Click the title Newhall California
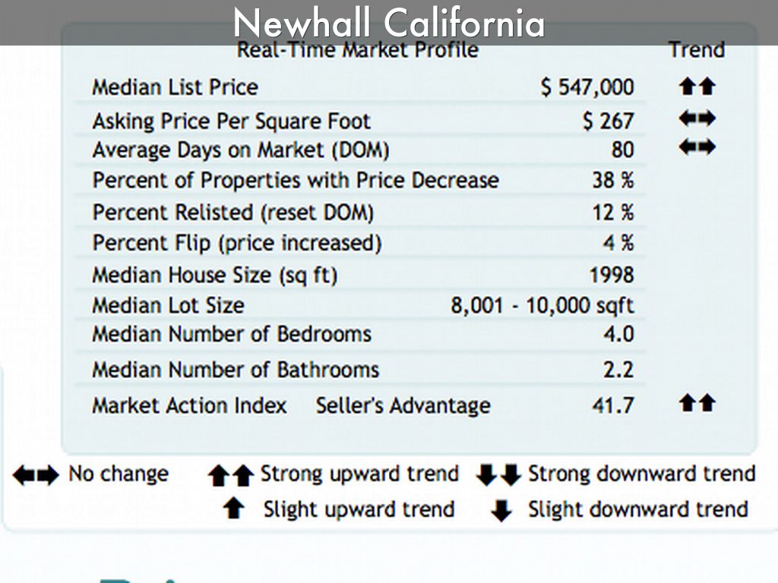click(388, 23)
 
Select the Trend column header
click(696, 50)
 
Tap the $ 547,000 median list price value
click(587, 87)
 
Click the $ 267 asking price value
click(607, 121)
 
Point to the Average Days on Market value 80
click(621, 150)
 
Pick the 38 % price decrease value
click(612, 181)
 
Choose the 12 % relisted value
click(612, 213)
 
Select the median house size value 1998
click(611, 275)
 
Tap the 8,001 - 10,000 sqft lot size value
click(542, 305)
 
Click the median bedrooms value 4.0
click(618, 334)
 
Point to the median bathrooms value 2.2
click(618, 370)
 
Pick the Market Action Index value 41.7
click(612, 405)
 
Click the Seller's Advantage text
click(403, 405)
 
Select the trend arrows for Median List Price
click(697, 87)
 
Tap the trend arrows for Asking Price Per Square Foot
click(697, 119)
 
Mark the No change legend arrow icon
click(35, 475)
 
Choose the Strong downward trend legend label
click(641, 474)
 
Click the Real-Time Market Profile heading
click(358, 50)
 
